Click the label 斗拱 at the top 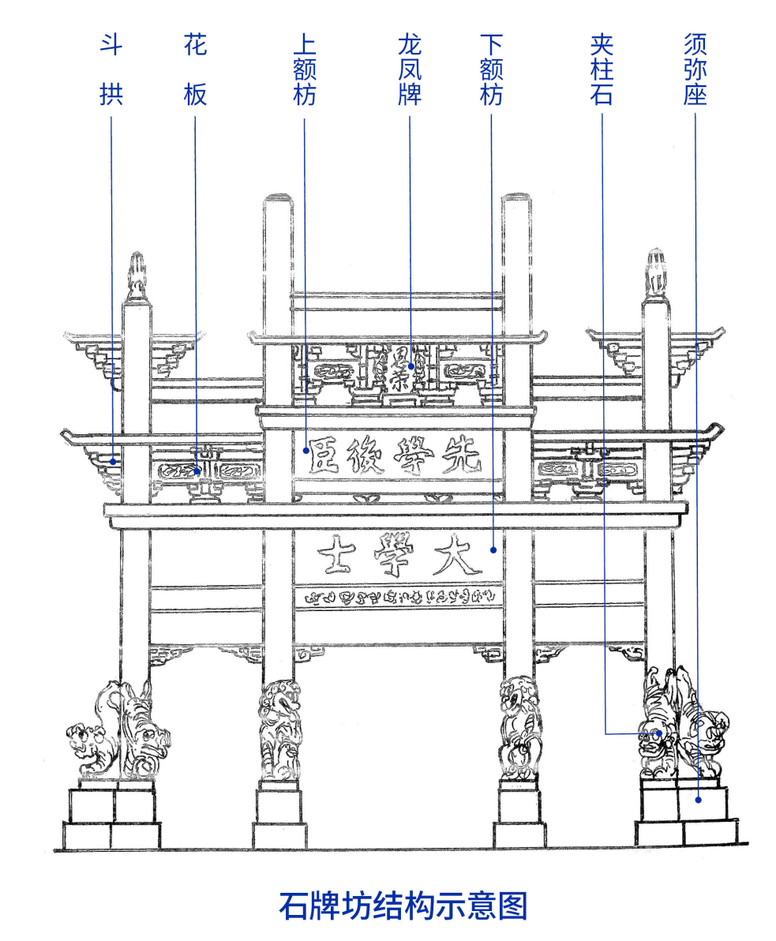coord(111,69)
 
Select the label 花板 coord(195,69)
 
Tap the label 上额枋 coord(304,69)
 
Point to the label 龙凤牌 coord(410,69)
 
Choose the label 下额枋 coord(491,69)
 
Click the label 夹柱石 coord(602,69)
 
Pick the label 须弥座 coord(695,69)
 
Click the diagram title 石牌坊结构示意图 coord(403,905)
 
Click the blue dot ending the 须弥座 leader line coord(699,800)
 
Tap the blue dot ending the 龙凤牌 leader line coord(411,366)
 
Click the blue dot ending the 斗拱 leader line coord(114,460)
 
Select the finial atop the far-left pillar coord(137,274)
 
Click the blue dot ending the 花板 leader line coord(198,471)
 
